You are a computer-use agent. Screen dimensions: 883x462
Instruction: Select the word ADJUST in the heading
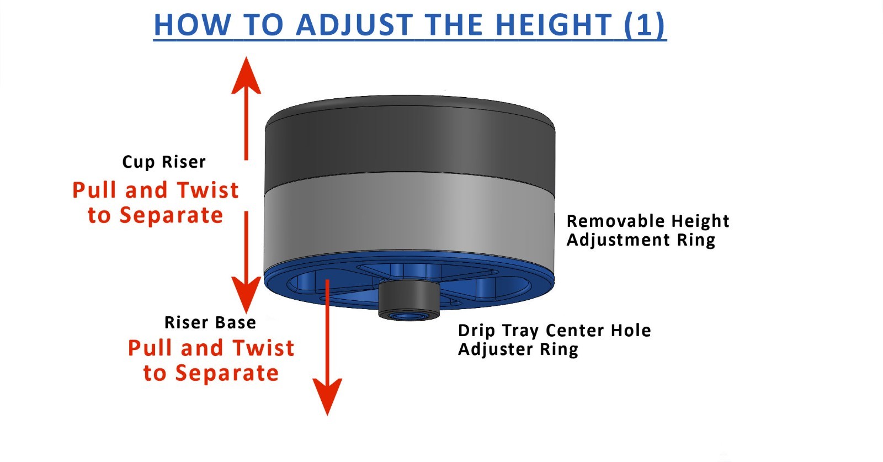coord(354,25)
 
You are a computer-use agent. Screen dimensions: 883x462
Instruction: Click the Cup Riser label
coord(164,162)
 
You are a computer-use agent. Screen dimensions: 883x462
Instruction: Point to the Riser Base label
coord(210,322)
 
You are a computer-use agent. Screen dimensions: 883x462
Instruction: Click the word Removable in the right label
coord(615,221)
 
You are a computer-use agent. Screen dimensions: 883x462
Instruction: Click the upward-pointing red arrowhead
coord(246,75)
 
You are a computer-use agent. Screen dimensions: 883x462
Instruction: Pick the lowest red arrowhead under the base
coord(327,396)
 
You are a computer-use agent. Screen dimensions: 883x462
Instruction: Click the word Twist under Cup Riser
coord(208,190)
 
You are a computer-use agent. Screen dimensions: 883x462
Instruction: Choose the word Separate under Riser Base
coord(227,373)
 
